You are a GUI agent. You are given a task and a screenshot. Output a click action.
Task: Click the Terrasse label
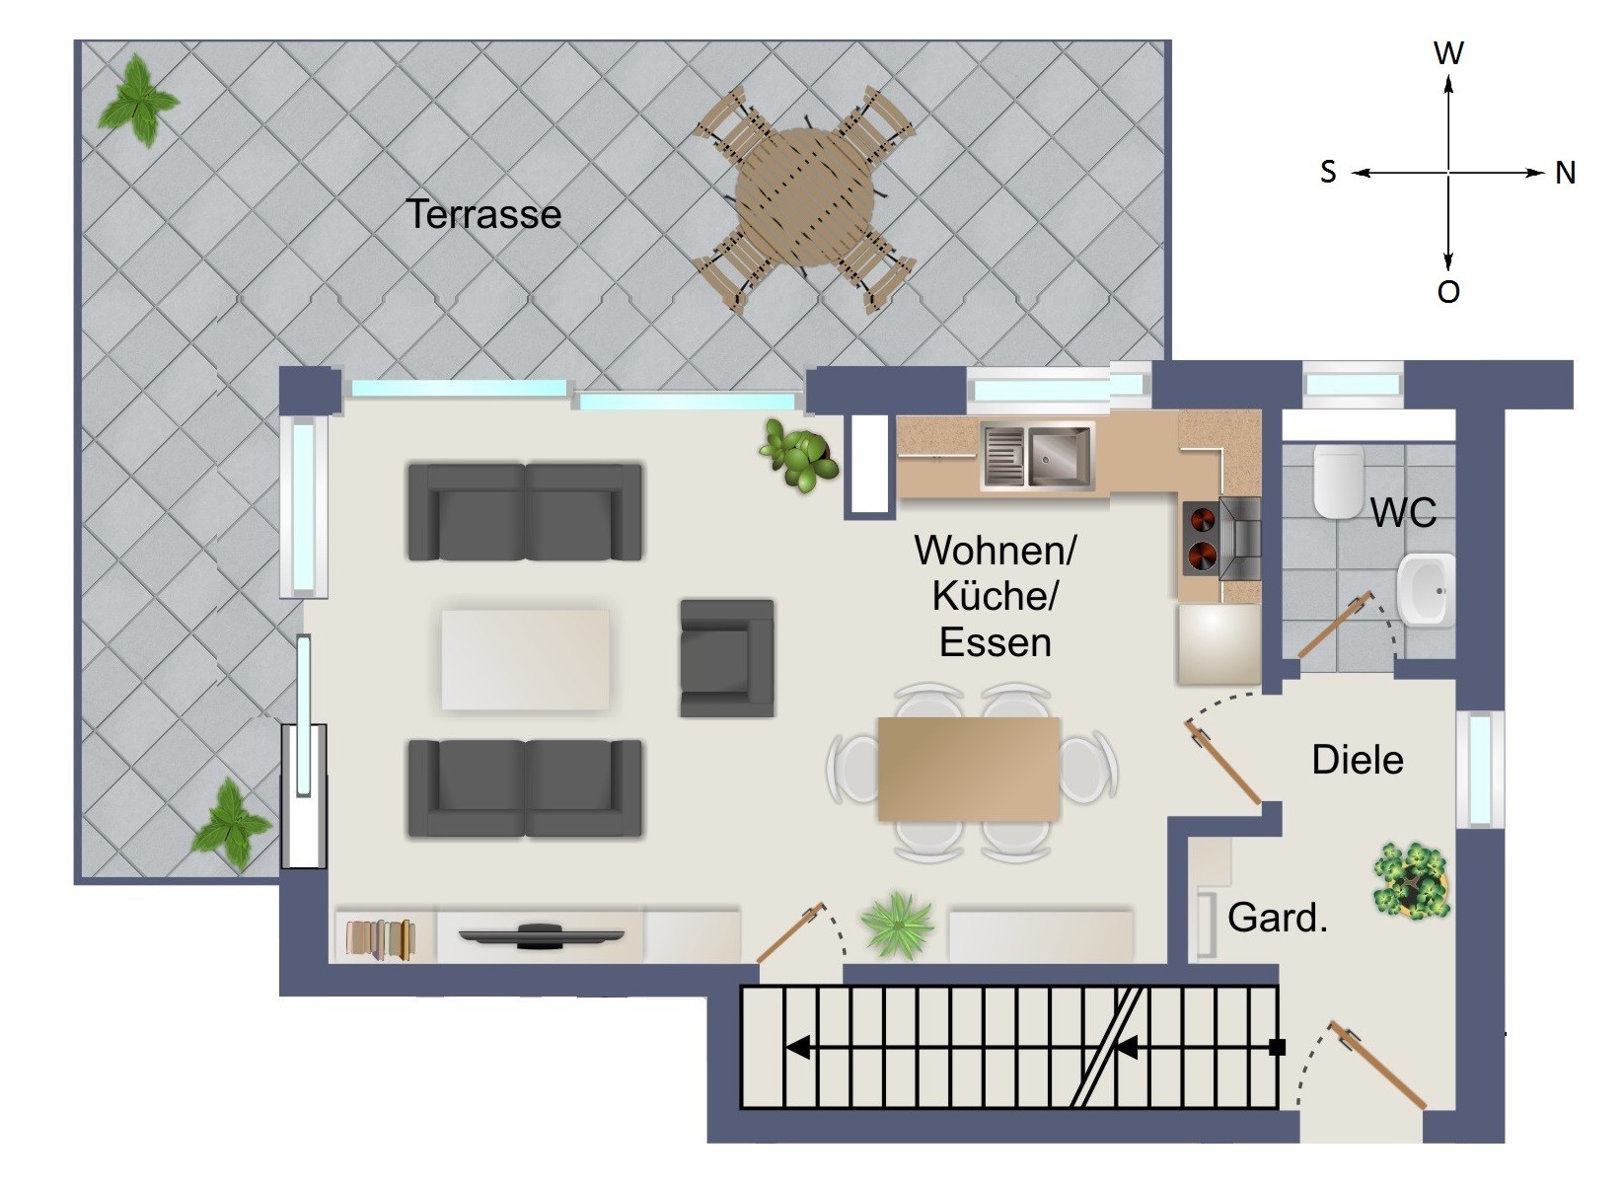click(x=484, y=214)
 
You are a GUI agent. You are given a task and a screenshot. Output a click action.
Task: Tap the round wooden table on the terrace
click(x=804, y=198)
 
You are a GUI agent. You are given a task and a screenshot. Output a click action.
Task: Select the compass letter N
click(x=1565, y=174)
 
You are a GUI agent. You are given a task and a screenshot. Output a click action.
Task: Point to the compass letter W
click(x=1448, y=53)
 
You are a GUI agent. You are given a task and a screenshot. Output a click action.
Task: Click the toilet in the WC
click(x=1338, y=481)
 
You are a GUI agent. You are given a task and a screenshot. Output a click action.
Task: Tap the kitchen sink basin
click(x=1060, y=455)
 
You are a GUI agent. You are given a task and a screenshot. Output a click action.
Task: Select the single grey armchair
click(x=727, y=658)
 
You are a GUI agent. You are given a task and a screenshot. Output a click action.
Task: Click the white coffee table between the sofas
click(x=525, y=659)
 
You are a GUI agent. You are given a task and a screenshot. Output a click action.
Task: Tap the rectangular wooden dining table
click(x=969, y=769)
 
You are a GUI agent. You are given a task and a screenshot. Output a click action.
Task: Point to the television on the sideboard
click(x=542, y=936)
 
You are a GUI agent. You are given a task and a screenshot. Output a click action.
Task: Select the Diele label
click(x=1357, y=761)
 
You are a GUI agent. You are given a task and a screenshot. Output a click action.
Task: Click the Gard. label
click(x=1278, y=918)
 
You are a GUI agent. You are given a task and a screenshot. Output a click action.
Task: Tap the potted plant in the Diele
click(x=1412, y=880)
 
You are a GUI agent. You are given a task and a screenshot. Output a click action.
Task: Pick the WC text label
click(x=1403, y=512)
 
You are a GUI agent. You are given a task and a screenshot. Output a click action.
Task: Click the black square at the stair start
click(x=1278, y=1047)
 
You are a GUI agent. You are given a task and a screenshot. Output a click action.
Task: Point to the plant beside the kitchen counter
click(x=799, y=455)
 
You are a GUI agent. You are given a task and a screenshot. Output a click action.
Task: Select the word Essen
click(x=995, y=643)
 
